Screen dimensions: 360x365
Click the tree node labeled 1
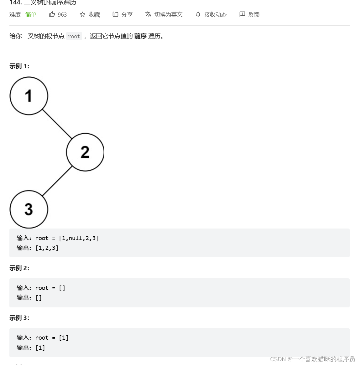coord(29,96)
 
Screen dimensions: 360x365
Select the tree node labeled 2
coord(85,152)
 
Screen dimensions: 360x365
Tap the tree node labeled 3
coord(29,209)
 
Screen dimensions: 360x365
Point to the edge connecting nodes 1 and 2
coord(57,124)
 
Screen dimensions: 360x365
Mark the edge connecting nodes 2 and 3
coord(57,181)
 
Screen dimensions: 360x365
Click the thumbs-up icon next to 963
coord(52,14)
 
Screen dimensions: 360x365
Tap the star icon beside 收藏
coord(82,14)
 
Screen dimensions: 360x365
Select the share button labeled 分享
coord(123,14)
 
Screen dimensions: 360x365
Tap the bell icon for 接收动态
coord(198,14)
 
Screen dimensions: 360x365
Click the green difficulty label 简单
coord(31,14)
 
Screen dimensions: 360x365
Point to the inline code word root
coord(74,36)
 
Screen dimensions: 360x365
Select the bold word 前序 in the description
coord(140,36)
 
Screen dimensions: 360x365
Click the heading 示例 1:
coord(19,66)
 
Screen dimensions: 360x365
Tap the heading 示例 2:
coord(19,268)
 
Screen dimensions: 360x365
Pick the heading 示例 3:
coord(19,318)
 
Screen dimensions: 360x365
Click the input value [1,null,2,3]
coord(79,238)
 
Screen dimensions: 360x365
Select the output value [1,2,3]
coord(47,248)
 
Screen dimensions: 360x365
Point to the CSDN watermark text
coord(312,359)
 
